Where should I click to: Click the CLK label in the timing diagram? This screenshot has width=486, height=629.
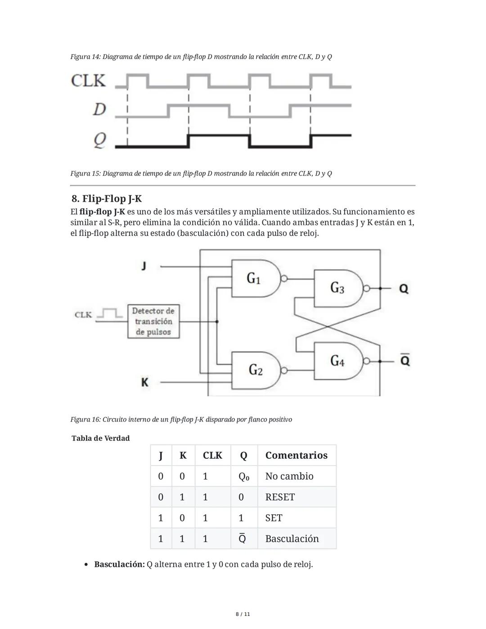(88, 81)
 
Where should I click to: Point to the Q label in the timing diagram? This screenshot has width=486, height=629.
(99, 140)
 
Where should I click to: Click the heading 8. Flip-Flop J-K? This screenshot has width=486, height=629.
(107, 199)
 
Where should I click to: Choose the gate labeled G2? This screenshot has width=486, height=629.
(256, 370)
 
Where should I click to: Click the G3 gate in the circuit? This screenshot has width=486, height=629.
(337, 288)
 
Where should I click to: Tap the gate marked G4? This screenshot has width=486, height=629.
(337, 361)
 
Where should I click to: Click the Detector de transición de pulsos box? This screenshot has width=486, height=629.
(153, 321)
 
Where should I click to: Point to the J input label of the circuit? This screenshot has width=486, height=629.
(144, 266)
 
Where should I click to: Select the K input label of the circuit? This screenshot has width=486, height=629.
(144, 382)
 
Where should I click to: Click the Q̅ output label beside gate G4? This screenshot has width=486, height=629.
(405, 360)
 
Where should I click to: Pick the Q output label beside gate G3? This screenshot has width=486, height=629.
(404, 288)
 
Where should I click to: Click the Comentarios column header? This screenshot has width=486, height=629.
(296, 455)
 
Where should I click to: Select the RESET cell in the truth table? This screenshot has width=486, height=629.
(280, 497)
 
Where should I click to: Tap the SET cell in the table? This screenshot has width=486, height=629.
(274, 518)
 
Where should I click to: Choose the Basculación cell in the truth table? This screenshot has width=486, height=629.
(292, 538)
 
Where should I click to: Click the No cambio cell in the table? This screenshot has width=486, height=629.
(289, 476)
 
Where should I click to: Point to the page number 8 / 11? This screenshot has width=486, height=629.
(243, 614)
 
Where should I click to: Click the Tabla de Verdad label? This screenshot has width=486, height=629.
(100, 438)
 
